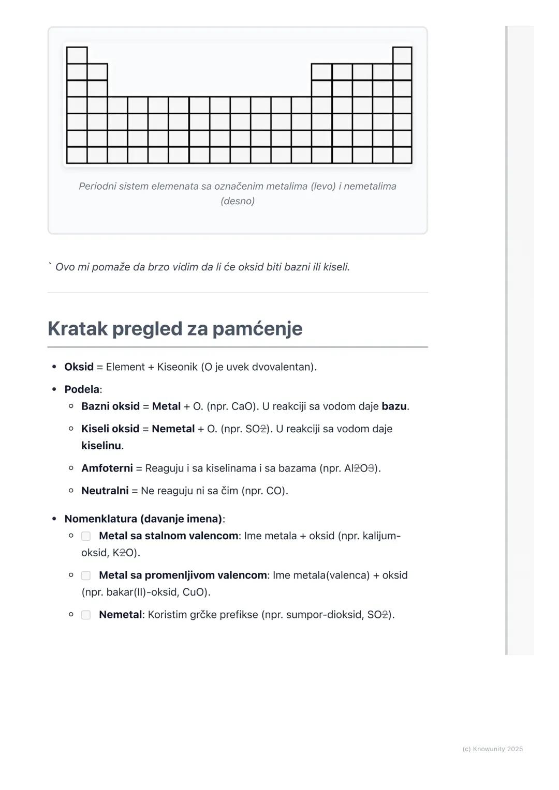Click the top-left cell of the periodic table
[77, 55]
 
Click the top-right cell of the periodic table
[402, 55]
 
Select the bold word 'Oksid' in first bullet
[79, 367]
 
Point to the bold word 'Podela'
[82, 389]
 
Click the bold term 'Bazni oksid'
[110, 406]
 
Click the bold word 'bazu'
[394, 406]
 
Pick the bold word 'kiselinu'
[101, 446]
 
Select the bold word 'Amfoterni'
[107, 468]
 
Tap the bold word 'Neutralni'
[105, 491]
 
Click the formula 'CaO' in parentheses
[242, 406]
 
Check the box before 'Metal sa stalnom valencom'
[86, 536]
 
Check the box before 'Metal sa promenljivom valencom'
[86, 575]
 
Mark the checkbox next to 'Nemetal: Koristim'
[86, 615]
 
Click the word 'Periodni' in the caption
[97, 186]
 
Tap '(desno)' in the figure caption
[238, 201]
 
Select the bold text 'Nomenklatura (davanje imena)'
[143, 519]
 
